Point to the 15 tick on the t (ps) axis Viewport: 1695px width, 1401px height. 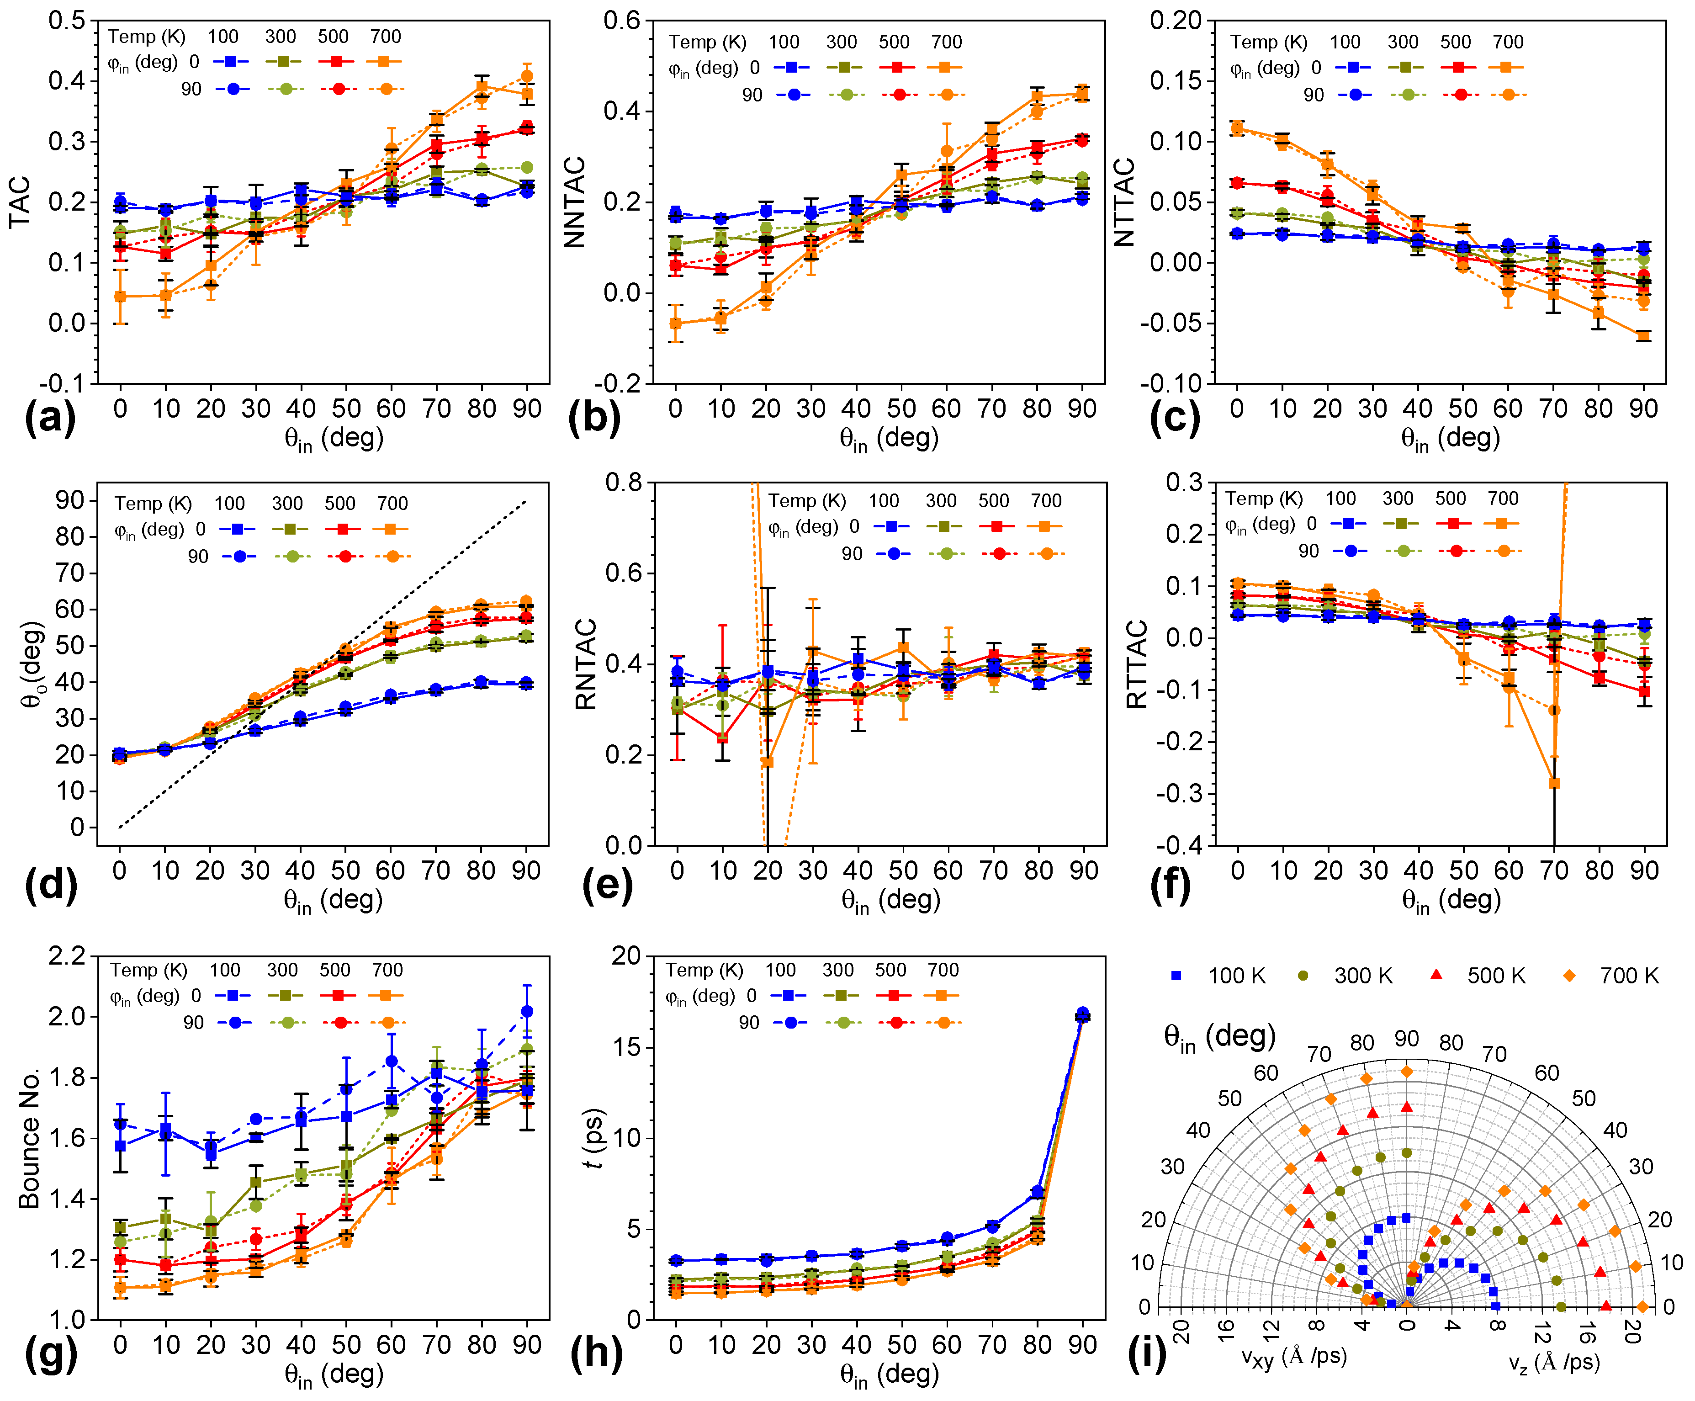coord(625,1047)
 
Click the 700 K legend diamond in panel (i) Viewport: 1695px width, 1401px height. coord(1569,976)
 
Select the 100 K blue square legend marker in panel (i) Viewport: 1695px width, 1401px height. coord(1176,976)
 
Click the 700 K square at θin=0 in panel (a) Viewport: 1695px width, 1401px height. coord(120,297)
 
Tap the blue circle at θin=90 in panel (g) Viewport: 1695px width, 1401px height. coord(527,1011)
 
